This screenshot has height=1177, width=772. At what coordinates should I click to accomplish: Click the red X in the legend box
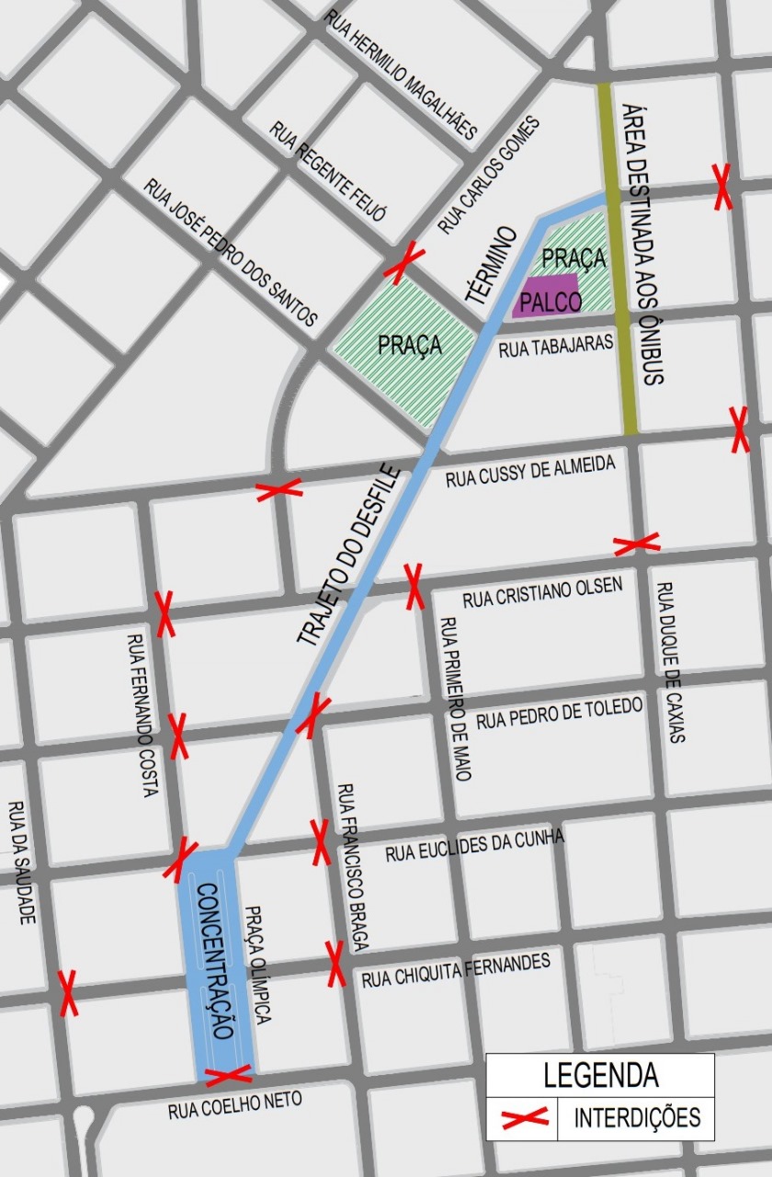pyautogui.click(x=524, y=1117)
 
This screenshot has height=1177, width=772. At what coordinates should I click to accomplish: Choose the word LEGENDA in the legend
pyautogui.click(x=600, y=1074)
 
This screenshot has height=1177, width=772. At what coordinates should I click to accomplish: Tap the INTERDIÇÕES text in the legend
pyautogui.click(x=637, y=1118)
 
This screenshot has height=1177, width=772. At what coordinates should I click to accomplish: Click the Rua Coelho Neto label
pyautogui.click(x=234, y=1104)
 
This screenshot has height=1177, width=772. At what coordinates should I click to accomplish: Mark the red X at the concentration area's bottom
pyautogui.click(x=228, y=1074)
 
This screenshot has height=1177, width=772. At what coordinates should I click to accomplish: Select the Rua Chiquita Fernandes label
pyautogui.click(x=456, y=971)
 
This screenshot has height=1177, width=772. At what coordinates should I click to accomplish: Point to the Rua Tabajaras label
pyautogui.click(x=555, y=346)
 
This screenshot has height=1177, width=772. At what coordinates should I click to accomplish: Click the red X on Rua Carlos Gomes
pyautogui.click(x=402, y=263)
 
